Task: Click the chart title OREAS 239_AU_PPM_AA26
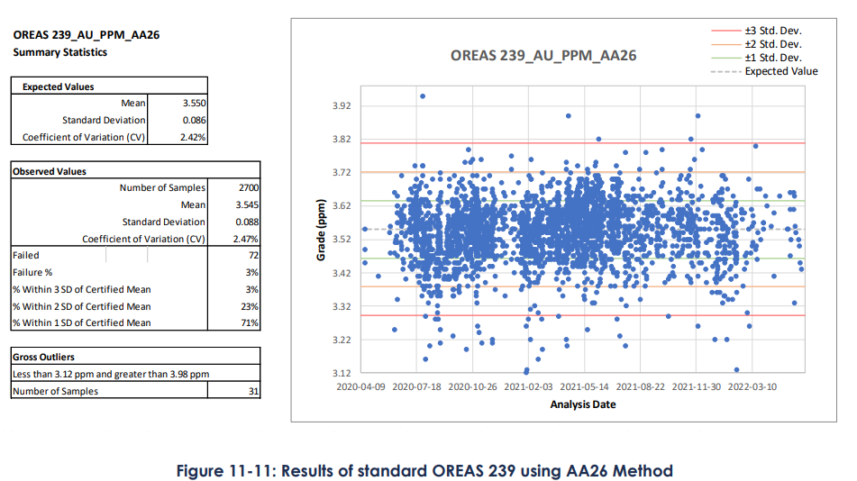[x=543, y=55]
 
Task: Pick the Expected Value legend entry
[x=780, y=71]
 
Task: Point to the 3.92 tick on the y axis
[x=341, y=106]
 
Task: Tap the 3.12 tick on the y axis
[x=341, y=373]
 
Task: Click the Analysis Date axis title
[x=583, y=404]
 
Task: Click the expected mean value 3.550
[x=195, y=104]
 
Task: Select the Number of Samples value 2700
[x=245, y=188]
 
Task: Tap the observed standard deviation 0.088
[x=245, y=222]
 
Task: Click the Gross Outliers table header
[x=43, y=357]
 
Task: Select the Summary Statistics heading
[x=59, y=52]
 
